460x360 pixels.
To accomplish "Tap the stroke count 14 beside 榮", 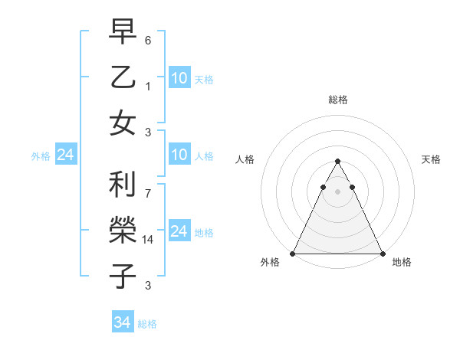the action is [x=148, y=240].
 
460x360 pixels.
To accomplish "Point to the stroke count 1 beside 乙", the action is [x=148, y=87].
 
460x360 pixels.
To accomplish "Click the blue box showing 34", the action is [x=123, y=322].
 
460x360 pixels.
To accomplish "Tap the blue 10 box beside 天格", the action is [x=179, y=77].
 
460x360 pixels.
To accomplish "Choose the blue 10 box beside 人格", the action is [x=179, y=155].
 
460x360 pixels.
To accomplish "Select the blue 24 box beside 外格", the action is [x=66, y=155].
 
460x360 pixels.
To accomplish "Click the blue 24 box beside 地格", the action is [x=179, y=231].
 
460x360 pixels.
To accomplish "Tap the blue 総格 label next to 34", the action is [x=147, y=324].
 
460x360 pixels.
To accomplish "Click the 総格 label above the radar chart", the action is [x=337, y=100].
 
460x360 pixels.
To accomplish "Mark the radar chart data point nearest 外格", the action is [x=293, y=254].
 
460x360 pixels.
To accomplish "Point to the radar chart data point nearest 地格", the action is [x=382, y=254].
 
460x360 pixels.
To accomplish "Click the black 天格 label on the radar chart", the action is [x=431, y=159].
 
